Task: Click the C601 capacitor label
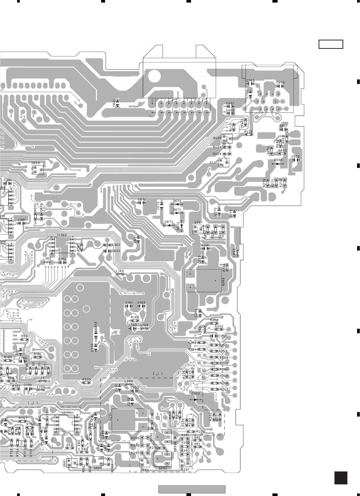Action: pyautogui.click(x=114, y=103)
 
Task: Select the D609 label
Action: pyautogui.click(x=36, y=163)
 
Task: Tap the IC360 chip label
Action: pyautogui.click(x=61, y=235)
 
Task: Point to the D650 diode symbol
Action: pyautogui.click(x=278, y=164)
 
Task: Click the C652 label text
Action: pyautogui.click(x=295, y=156)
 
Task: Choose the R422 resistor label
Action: pyautogui.click(x=249, y=131)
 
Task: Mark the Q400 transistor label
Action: pyautogui.click(x=217, y=138)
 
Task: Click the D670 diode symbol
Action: pyautogui.click(x=177, y=204)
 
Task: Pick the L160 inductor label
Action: pyautogui.click(x=120, y=271)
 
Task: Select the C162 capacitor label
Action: pyautogui.click(x=141, y=303)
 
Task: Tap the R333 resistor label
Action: pyautogui.click(x=86, y=379)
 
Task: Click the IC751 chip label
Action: pyautogui.click(x=67, y=413)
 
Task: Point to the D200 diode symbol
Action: pyautogui.click(x=196, y=399)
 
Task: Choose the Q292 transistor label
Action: pyautogui.click(x=163, y=468)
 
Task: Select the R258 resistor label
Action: pyautogui.click(x=214, y=320)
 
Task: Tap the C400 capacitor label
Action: pyautogui.click(x=281, y=83)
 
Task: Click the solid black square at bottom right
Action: pyautogui.click(x=341, y=478)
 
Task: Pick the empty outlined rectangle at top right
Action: pyautogui.click(x=331, y=44)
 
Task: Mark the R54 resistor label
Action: pyautogui.click(x=69, y=445)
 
